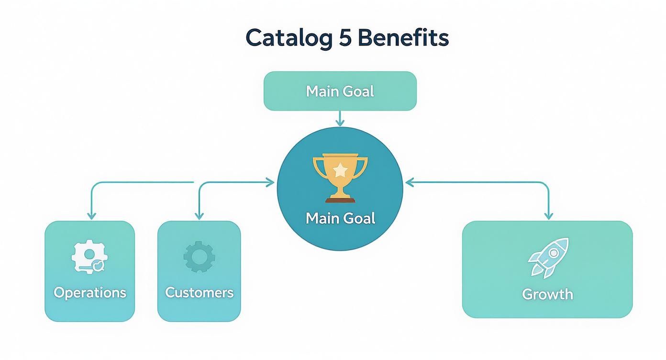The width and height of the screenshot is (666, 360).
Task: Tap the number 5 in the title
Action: [x=345, y=37]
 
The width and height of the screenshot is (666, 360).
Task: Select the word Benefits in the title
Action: [x=403, y=37]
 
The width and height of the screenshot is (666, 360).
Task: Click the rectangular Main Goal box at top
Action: [x=340, y=91]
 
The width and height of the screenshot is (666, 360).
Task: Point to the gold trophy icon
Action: [x=340, y=178]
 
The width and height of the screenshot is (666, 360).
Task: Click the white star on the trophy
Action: [x=340, y=170]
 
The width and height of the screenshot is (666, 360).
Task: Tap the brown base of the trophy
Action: [x=340, y=200]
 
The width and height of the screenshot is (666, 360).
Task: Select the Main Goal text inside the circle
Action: [x=340, y=218]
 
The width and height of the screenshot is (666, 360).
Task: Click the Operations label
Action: [x=90, y=293]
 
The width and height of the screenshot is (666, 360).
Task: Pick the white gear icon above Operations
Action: [x=89, y=256]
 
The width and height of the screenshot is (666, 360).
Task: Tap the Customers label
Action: [x=199, y=292]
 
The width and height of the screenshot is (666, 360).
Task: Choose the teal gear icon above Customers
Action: [x=199, y=257]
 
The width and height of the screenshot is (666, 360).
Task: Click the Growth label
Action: [x=547, y=294]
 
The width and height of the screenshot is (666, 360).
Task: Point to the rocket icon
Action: [x=548, y=258]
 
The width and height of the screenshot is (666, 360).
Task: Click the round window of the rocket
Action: [x=553, y=253]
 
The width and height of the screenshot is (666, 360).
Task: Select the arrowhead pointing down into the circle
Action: [x=340, y=123]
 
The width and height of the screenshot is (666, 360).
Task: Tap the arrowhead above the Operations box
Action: [x=91, y=216]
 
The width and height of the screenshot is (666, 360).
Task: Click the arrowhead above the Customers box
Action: [x=199, y=216]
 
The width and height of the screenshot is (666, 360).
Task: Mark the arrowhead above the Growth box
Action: [x=549, y=216]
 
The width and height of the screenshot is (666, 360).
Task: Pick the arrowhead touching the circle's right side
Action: [x=410, y=182]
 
